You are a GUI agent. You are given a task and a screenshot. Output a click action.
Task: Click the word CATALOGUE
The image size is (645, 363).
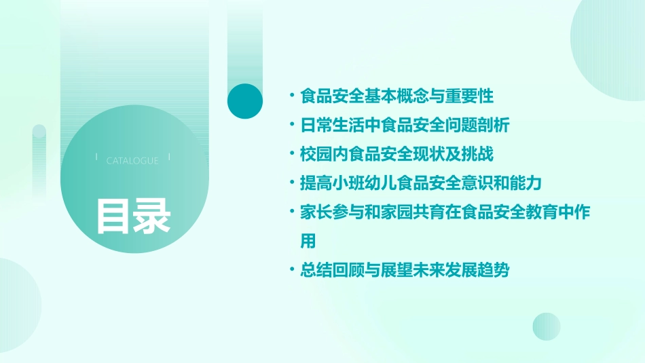point(132,161)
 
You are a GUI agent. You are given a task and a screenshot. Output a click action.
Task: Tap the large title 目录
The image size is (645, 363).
point(133,216)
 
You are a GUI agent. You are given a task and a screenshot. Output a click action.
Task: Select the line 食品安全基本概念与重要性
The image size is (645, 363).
point(397,96)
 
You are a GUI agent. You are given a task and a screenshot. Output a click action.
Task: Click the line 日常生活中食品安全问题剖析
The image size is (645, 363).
point(405,126)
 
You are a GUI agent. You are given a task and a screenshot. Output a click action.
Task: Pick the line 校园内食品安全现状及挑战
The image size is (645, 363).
point(397,154)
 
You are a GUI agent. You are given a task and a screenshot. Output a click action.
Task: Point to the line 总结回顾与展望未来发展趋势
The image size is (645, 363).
point(405,270)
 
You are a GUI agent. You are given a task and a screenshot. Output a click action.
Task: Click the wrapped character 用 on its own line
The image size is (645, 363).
point(308,241)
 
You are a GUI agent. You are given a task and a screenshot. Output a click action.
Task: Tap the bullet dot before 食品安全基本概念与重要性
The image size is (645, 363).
point(291,96)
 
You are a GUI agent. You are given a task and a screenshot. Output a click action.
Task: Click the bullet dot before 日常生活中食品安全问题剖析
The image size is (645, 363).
point(291,126)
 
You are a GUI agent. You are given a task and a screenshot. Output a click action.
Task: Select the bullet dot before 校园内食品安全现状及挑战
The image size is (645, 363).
point(291,154)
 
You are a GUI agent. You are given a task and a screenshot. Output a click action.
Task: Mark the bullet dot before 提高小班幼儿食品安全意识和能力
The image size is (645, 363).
point(291,183)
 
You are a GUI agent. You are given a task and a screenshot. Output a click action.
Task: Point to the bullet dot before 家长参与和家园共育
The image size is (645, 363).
point(291,212)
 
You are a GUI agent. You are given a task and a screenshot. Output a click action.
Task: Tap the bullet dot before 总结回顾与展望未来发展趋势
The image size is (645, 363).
point(291,270)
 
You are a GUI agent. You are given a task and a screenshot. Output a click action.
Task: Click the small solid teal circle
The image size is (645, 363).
point(245,101)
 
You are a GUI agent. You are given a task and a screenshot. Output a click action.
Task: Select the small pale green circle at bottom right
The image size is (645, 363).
point(547,326)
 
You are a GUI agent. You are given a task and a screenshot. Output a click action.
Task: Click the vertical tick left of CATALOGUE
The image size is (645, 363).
point(96,157)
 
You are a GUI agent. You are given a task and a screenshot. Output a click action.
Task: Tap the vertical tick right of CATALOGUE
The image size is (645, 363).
point(169,157)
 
